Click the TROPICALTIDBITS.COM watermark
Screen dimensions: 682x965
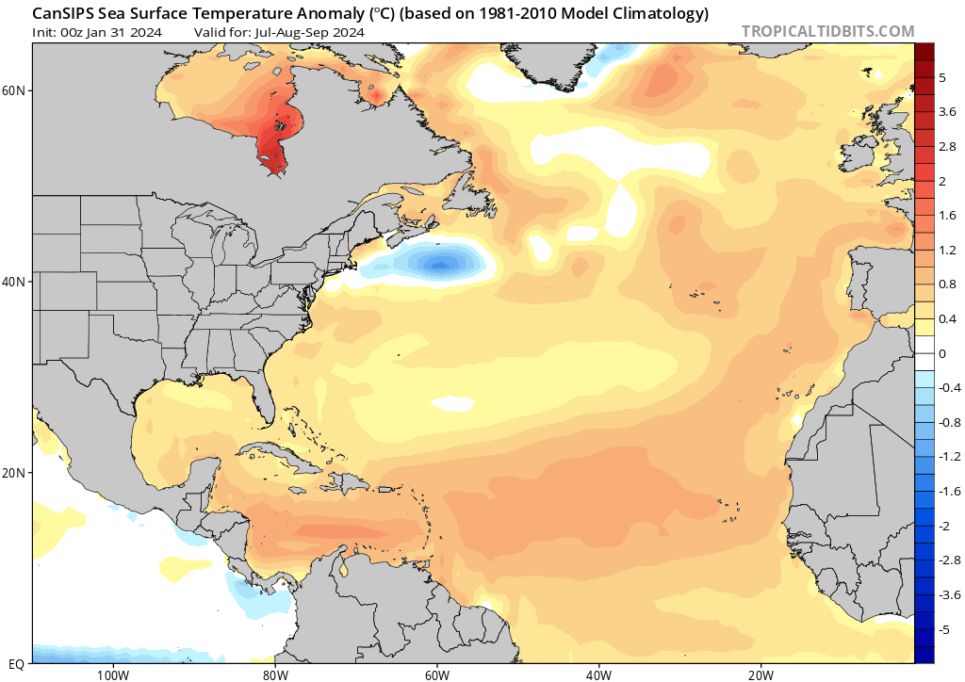click(827, 31)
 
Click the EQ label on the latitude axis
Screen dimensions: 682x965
click(16, 663)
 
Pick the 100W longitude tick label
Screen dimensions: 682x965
click(112, 674)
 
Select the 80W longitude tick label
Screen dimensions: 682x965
click(274, 674)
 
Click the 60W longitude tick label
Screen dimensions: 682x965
click(436, 674)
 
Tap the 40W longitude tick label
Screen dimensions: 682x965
click(598, 674)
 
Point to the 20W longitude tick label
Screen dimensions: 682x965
click(761, 674)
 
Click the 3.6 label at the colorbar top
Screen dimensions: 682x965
click(946, 112)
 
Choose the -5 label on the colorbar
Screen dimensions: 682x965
click(944, 629)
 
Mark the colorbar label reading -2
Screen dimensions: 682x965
click(944, 526)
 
